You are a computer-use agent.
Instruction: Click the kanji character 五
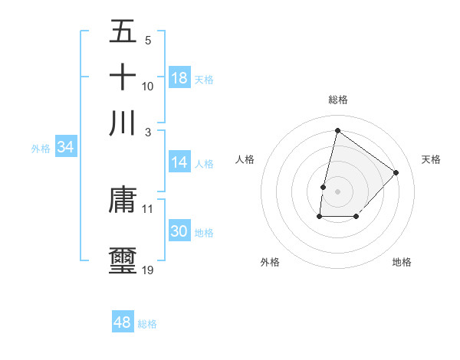(123, 32)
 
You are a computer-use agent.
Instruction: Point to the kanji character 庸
(123, 200)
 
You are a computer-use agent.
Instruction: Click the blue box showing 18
(179, 78)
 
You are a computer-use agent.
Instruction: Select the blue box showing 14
(179, 162)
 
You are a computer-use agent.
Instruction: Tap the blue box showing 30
(179, 231)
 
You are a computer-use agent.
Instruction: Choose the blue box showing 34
(65, 148)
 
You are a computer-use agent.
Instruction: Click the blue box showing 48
(123, 322)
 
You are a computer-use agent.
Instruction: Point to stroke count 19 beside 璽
(148, 270)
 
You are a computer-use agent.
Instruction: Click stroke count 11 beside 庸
(148, 208)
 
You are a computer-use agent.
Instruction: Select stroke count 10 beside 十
(148, 86)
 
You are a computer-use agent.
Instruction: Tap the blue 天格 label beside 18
(204, 79)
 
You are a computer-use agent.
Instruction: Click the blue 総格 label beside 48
(147, 323)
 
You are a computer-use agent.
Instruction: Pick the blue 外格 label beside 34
(40, 149)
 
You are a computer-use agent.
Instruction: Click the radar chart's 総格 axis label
(337, 100)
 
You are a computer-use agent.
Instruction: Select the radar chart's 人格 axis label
(245, 159)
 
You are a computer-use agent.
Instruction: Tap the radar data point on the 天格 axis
(396, 172)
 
